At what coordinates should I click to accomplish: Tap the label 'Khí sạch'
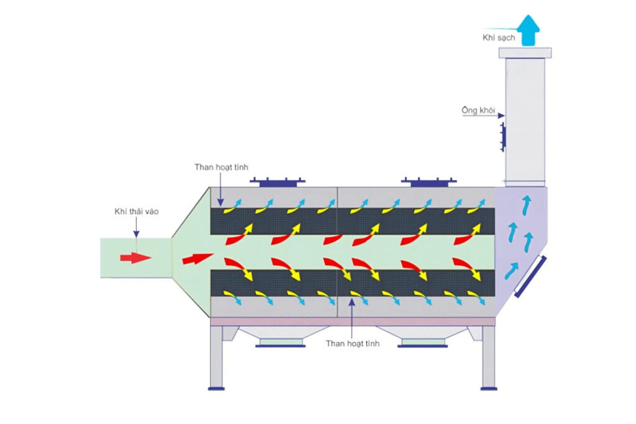[499, 38]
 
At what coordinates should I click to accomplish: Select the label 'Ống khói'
[478, 110]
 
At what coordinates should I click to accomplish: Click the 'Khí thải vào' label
[136, 211]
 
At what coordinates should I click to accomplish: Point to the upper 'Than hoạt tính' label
[221, 167]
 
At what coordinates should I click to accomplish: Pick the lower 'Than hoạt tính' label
[353, 343]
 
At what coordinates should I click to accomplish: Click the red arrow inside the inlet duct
[135, 258]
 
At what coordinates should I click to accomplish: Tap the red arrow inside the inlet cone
[198, 258]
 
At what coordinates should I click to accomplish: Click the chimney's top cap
[525, 53]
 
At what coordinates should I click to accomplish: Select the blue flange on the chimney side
[503, 137]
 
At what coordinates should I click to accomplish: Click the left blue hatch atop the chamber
[278, 182]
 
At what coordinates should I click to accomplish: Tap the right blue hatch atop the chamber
[429, 182]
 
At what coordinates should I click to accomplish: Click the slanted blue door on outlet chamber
[530, 276]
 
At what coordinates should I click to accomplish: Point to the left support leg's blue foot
[216, 389]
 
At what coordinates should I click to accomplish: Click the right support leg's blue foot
[489, 389]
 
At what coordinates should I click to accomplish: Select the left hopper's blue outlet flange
[280, 346]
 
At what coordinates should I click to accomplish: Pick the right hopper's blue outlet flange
[422, 346]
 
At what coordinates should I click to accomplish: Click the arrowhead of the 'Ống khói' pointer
[501, 115]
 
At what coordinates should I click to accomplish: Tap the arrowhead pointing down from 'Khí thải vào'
[136, 234]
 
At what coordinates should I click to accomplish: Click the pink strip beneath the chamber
[353, 322]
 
